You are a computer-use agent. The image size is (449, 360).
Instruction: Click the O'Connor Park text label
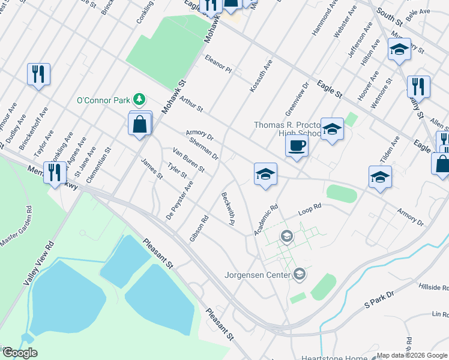click(x=103, y=100)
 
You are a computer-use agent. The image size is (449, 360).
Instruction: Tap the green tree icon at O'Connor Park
click(x=139, y=98)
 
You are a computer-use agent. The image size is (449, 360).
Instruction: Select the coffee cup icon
click(x=297, y=145)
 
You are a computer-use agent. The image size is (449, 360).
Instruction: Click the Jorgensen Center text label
click(x=258, y=275)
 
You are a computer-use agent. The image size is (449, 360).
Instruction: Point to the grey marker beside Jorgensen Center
click(x=300, y=275)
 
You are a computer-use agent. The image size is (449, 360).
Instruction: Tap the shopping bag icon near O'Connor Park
click(x=140, y=125)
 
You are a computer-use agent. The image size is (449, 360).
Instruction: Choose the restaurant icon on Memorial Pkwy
click(x=55, y=172)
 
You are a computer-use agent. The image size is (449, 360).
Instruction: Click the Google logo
click(x=20, y=353)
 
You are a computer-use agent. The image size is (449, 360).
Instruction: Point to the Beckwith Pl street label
click(x=228, y=208)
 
